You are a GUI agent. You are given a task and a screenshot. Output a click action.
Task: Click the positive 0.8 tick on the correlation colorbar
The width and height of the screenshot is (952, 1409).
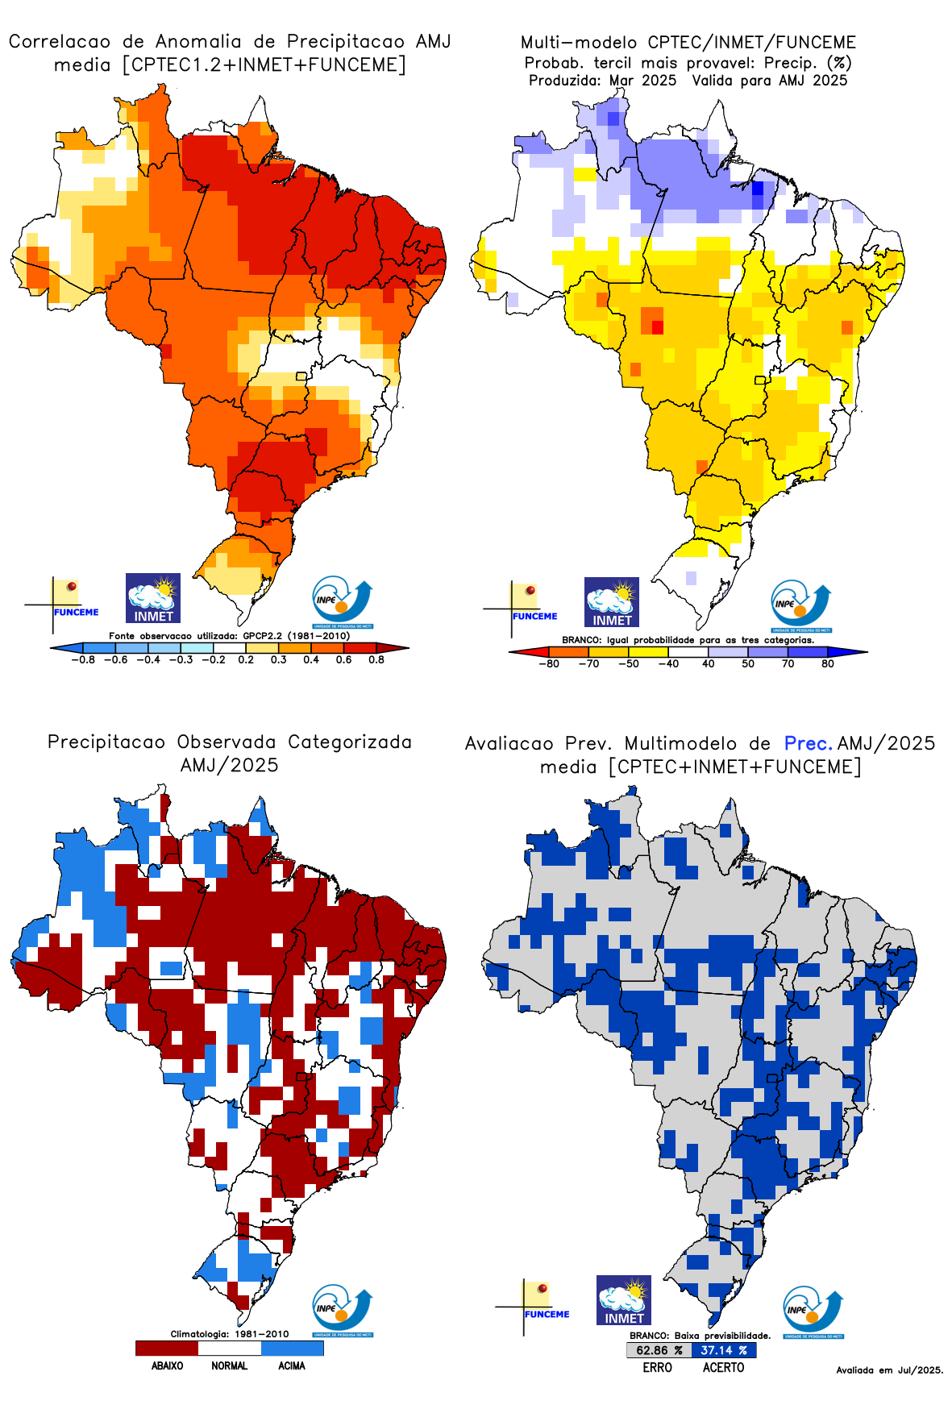[376, 659]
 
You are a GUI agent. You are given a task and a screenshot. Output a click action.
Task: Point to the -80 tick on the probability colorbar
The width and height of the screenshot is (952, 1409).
[549, 663]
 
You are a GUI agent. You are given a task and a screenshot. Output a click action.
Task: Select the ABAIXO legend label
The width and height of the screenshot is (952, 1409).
[167, 1365]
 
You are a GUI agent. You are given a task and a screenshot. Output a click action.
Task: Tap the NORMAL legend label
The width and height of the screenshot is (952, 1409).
[230, 1365]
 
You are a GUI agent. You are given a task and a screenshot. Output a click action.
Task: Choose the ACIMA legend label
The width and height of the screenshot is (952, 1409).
[292, 1365]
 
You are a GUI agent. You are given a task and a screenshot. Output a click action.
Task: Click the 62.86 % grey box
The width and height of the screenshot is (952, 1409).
[659, 1350]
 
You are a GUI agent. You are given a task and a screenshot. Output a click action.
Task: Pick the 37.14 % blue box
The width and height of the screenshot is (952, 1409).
[724, 1350]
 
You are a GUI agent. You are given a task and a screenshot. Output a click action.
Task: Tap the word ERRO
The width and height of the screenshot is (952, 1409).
[658, 1367]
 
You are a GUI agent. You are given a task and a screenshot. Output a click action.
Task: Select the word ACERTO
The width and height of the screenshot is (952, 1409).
[723, 1367]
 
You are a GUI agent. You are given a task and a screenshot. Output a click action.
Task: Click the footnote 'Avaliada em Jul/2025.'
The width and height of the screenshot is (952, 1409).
[889, 1370]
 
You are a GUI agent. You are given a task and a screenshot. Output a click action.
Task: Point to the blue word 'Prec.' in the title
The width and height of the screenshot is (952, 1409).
[807, 743]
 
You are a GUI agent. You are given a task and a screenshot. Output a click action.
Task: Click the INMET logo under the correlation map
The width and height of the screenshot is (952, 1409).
[153, 598]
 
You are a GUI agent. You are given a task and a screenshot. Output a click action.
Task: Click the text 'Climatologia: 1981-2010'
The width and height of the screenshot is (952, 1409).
[230, 1334]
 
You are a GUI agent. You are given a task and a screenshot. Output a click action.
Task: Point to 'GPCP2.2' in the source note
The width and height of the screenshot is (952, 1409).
[262, 635]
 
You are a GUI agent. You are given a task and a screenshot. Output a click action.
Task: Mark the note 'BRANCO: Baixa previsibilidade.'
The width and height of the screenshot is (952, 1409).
[700, 1336]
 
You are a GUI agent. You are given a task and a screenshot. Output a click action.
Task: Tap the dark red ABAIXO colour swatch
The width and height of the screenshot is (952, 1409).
[167, 1348]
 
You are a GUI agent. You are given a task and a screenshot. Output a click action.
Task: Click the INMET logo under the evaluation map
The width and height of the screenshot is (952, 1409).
[624, 1300]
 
